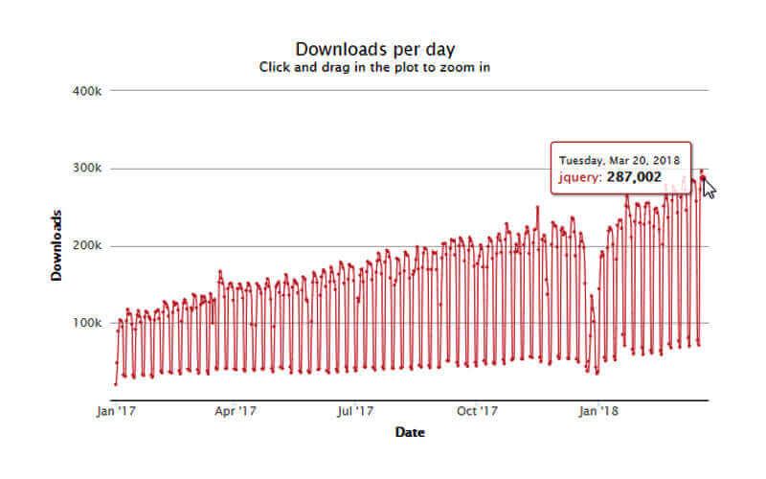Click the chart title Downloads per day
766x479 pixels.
[375, 49]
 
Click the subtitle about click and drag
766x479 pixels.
[375, 68]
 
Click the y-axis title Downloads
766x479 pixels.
[56, 245]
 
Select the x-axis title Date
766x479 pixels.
[410, 433]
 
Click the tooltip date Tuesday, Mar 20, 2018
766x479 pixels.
[620, 160]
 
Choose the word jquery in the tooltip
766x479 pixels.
[580, 177]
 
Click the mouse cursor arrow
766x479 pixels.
[709, 186]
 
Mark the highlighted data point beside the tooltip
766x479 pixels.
[703, 179]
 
